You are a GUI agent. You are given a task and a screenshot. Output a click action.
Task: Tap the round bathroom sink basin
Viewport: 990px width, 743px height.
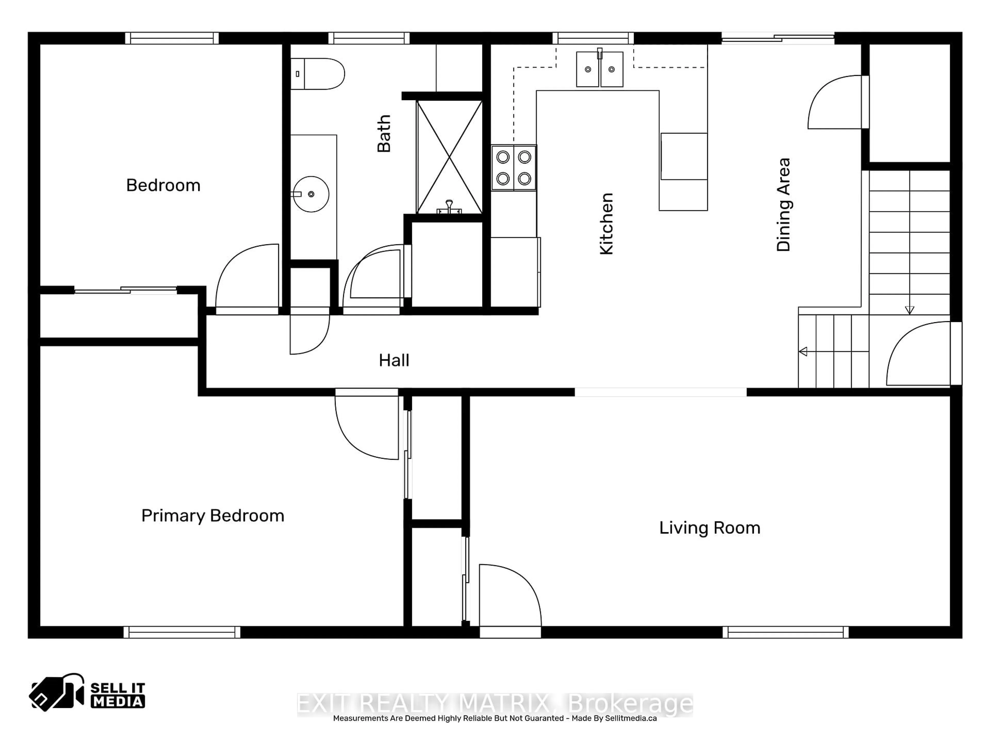pyautogui.click(x=311, y=194)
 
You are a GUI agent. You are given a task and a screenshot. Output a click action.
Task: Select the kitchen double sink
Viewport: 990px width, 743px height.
pyautogui.click(x=599, y=69)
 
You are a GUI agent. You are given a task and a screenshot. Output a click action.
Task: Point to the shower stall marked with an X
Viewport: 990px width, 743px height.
pyautogui.click(x=449, y=157)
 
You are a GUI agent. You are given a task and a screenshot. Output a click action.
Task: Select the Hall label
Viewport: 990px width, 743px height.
pyautogui.click(x=394, y=360)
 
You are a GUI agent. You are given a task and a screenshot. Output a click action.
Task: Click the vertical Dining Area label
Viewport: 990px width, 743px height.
pyautogui.click(x=783, y=205)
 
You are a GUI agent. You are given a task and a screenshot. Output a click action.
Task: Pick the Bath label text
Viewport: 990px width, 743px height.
pyautogui.click(x=384, y=133)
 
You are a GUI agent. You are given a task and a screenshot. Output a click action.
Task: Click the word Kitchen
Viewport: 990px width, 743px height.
pyautogui.click(x=606, y=224)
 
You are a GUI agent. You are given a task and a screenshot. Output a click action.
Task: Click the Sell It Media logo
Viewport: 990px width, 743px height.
pyautogui.click(x=87, y=692)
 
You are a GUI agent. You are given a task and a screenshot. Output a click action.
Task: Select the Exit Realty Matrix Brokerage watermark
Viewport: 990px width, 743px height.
pyautogui.click(x=494, y=704)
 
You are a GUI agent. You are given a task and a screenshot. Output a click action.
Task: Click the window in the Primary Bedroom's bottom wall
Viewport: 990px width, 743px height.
pyautogui.click(x=182, y=632)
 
